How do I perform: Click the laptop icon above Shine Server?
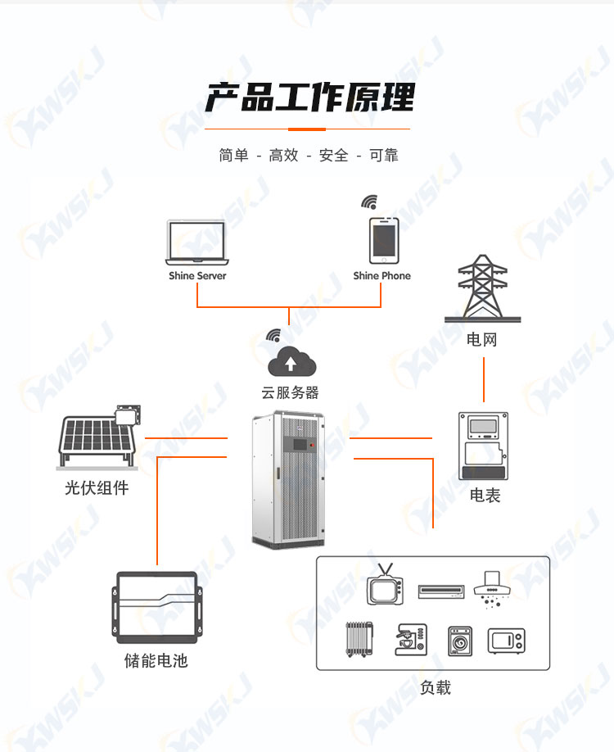coord(197,242)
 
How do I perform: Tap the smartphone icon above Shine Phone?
coord(384,240)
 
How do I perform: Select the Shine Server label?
coord(197,276)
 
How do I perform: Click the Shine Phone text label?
coord(382,276)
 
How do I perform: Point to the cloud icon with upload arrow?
coord(291,361)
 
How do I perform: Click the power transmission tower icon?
coord(482,288)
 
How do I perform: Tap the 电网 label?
coord(481,340)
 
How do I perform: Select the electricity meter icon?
coord(483,446)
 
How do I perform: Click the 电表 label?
coord(485,496)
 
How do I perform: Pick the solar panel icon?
coord(99,437)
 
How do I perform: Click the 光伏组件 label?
coord(97,488)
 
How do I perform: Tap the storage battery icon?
coord(156,607)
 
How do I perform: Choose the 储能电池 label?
coord(156,661)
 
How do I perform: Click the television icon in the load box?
coord(385,585)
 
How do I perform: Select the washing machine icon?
coord(459,641)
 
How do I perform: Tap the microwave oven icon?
coord(506,641)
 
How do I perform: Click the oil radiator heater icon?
coord(359,639)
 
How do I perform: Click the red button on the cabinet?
coord(312,445)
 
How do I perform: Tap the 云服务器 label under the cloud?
coord(290,392)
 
